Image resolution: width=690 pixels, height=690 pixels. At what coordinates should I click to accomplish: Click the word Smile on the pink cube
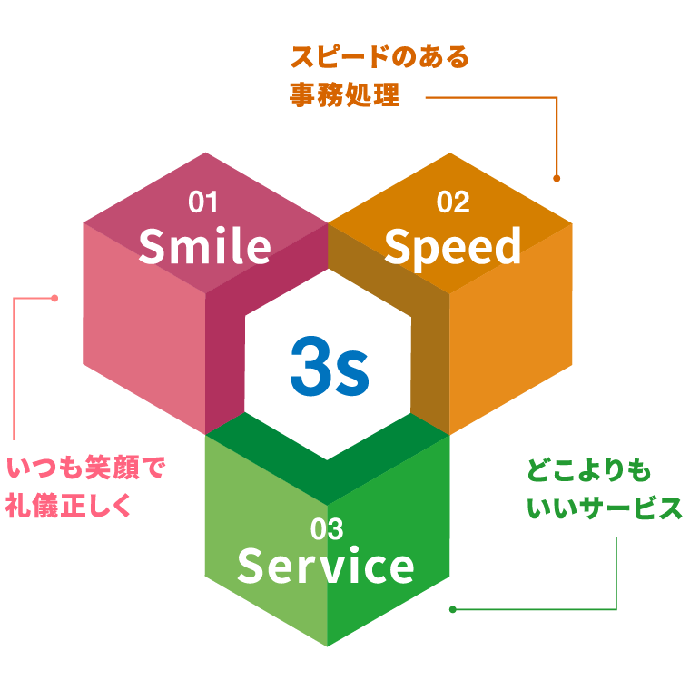(x=204, y=247)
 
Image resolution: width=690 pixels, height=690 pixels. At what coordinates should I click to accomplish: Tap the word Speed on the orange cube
(x=452, y=247)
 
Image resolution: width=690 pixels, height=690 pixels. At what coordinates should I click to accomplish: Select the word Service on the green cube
(x=325, y=567)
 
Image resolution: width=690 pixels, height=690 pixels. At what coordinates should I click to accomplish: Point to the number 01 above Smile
(x=203, y=202)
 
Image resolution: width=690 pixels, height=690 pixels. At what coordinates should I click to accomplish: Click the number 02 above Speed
(x=452, y=202)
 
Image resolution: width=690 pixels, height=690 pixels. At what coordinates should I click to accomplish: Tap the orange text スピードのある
(x=379, y=58)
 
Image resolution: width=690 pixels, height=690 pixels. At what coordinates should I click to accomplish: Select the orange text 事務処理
(x=345, y=95)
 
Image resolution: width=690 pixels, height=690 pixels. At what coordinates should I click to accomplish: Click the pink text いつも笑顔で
(x=86, y=469)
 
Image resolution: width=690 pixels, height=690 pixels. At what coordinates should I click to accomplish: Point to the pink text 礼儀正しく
(x=68, y=506)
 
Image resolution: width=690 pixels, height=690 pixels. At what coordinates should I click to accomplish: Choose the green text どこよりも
(x=588, y=471)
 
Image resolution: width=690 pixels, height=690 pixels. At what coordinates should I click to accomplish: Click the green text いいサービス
(x=604, y=508)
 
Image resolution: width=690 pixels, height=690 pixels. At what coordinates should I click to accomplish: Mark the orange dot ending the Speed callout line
(x=557, y=179)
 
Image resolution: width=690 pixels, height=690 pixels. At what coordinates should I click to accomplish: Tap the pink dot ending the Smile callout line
(x=54, y=298)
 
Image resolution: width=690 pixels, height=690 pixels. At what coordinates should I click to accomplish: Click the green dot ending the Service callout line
(x=452, y=609)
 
